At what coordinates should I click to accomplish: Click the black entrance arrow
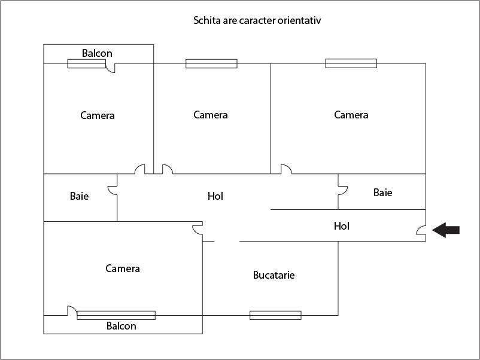click(446, 230)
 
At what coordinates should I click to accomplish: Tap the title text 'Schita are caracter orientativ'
click(258, 20)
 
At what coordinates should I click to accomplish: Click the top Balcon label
click(97, 53)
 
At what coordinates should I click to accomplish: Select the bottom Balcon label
click(121, 326)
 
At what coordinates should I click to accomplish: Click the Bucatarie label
click(274, 275)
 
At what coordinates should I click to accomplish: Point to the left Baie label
click(79, 196)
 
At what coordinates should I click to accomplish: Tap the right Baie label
click(383, 193)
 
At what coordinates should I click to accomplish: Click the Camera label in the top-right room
click(351, 115)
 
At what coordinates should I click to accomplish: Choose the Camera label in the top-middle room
click(211, 115)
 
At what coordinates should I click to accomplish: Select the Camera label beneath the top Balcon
click(98, 115)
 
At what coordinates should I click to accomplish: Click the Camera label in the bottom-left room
click(123, 269)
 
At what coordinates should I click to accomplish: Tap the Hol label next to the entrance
click(342, 226)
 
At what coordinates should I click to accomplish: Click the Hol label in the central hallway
click(215, 196)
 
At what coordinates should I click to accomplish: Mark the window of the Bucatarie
click(275, 315)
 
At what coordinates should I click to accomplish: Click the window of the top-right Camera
click(351, 63)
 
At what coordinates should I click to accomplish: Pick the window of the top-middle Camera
click(211, 63)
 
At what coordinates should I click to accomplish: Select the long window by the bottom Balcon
click(116, 315)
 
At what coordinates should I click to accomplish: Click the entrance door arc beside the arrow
click(421, 230)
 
